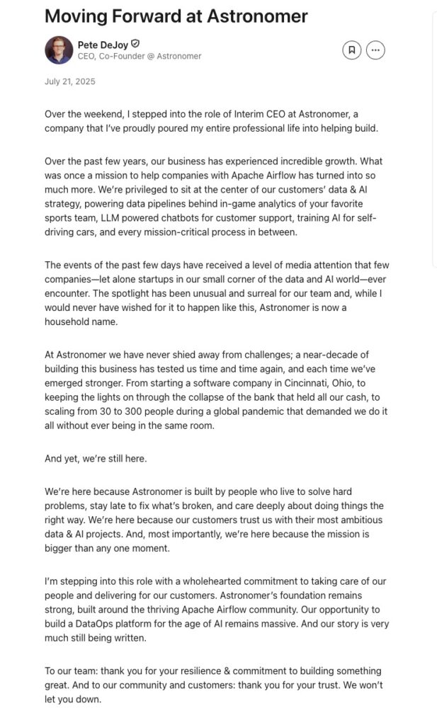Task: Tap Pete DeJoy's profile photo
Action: [59, 50]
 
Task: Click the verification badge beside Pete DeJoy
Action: [135, 44]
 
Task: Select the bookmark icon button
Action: [351, 50]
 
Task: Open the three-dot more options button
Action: [375, 50]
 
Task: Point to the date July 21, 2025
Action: [69, 81]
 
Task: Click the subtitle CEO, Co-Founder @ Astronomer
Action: [140, 56]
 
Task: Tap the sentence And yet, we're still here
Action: [96, 458]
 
